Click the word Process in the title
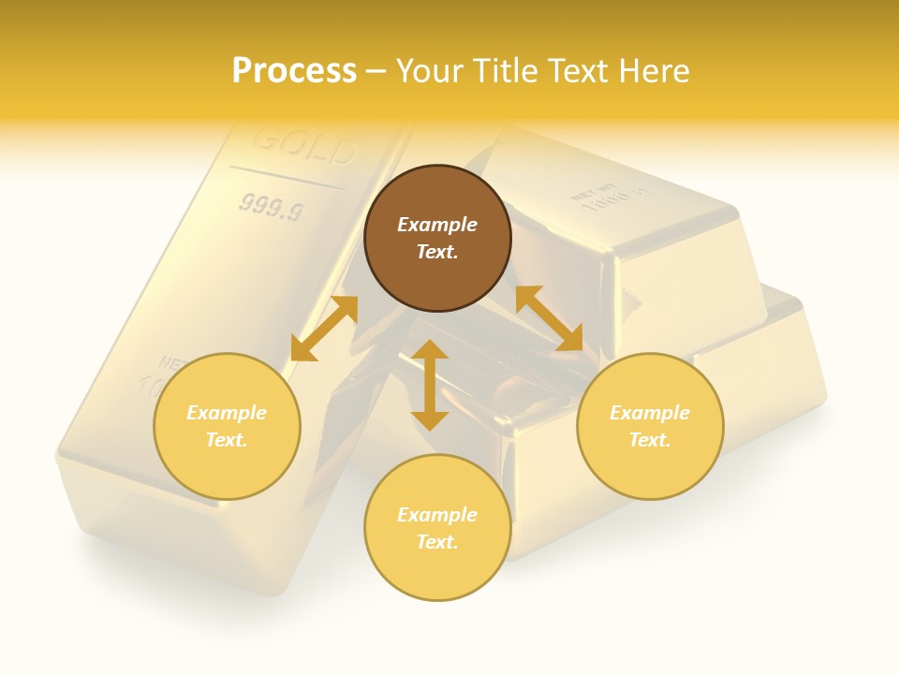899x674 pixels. (x=294, y=70)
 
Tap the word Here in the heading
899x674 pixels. (x=655, y=70)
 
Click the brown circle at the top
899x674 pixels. (x=437, y=239)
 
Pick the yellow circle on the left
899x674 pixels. (x=227, y=426)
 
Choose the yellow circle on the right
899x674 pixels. (x=650, y=426)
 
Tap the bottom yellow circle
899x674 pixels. (x=437, y=528)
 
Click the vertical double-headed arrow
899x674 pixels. (x=430, y=385)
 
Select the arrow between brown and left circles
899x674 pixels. (x=324, y=329)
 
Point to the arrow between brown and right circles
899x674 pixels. (x=550, y=318)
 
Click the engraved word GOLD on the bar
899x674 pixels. (x=305, y=145)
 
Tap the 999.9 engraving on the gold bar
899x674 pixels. (x=271, y=207)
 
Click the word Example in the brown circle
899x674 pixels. (x=437, y=225)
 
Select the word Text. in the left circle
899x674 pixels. (x=227, y=440)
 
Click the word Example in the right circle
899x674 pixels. (x=650, y=413)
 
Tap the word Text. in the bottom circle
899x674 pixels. (x=437, y=542)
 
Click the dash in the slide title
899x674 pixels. (x=376, y=71)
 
